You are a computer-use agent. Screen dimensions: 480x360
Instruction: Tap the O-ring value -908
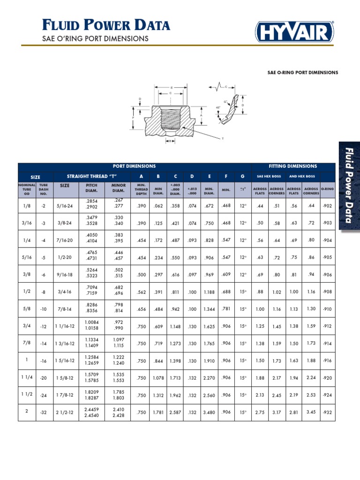pos(327,292)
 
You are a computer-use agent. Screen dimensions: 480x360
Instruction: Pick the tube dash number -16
pos(44,361)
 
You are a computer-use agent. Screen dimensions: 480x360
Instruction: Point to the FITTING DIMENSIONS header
pos(293,166)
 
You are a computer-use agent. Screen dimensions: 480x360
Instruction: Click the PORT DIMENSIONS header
pos(135,166)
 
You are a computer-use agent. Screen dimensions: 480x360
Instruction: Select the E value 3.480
pos(209,412)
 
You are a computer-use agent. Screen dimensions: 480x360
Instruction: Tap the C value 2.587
pos(175,412)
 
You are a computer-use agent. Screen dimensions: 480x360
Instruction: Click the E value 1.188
pos(209,292)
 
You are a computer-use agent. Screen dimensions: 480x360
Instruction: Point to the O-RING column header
pos(327,190)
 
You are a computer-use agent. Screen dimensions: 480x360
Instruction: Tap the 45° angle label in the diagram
pos(218,107)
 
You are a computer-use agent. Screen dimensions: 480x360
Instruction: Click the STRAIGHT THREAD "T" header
pos(91,177)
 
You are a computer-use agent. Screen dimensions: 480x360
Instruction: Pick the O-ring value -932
pos(327,412)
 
